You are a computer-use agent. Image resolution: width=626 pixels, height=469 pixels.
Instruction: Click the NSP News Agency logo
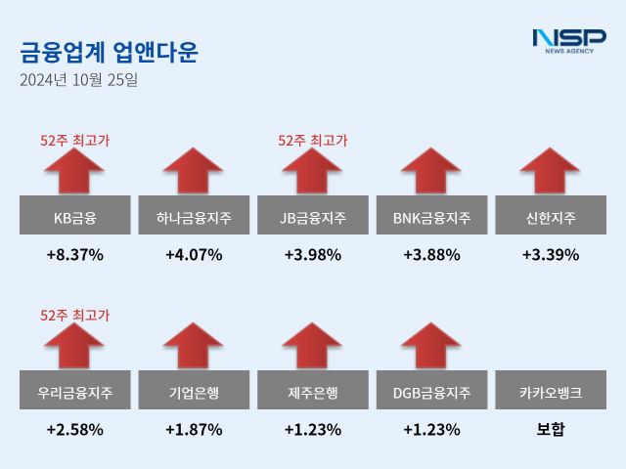click(x=569, y=40)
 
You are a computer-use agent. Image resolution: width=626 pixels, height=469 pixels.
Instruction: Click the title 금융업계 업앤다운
click(x=109, y=53)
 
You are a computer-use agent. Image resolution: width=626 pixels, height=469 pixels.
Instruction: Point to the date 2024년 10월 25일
click(x=79, y=80)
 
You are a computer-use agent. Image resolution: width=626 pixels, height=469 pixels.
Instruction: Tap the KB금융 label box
click(x=75, y=216)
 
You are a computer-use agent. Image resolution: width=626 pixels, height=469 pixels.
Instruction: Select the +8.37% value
click(x=75, y=255)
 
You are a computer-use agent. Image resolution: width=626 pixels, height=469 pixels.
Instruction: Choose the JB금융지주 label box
click(x=313, y=216)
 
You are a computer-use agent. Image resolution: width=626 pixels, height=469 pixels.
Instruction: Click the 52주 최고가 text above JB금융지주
click(x=313, y=141)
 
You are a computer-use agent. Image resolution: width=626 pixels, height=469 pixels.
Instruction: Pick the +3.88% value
click(x=431, y=255)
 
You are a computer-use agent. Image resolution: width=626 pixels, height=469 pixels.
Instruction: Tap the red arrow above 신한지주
click(x=551, y=171)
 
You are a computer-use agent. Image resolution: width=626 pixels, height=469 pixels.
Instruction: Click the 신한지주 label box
click(x=551, y=216)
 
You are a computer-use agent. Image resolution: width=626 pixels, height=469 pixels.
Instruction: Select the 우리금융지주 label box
click(x=75, y=394)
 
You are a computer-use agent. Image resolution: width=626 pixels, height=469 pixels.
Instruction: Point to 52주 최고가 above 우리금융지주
click(x=75, y=315)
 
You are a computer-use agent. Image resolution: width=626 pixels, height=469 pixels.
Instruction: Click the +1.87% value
click(x=194, y=429)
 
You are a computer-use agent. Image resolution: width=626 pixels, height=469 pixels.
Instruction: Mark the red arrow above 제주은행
click(x=313, y=348)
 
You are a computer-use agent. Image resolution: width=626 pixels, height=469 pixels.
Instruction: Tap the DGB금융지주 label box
click(x=431, y=394)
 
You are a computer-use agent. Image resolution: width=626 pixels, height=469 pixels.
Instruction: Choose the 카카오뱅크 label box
click(x=551, y=394)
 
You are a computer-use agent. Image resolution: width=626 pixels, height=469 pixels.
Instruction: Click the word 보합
click(x=551, y=429)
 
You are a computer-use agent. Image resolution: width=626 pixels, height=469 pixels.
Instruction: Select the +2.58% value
click(x=75, y=429)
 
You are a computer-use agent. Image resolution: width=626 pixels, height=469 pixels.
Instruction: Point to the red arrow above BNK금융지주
click(x=431, y=171)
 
